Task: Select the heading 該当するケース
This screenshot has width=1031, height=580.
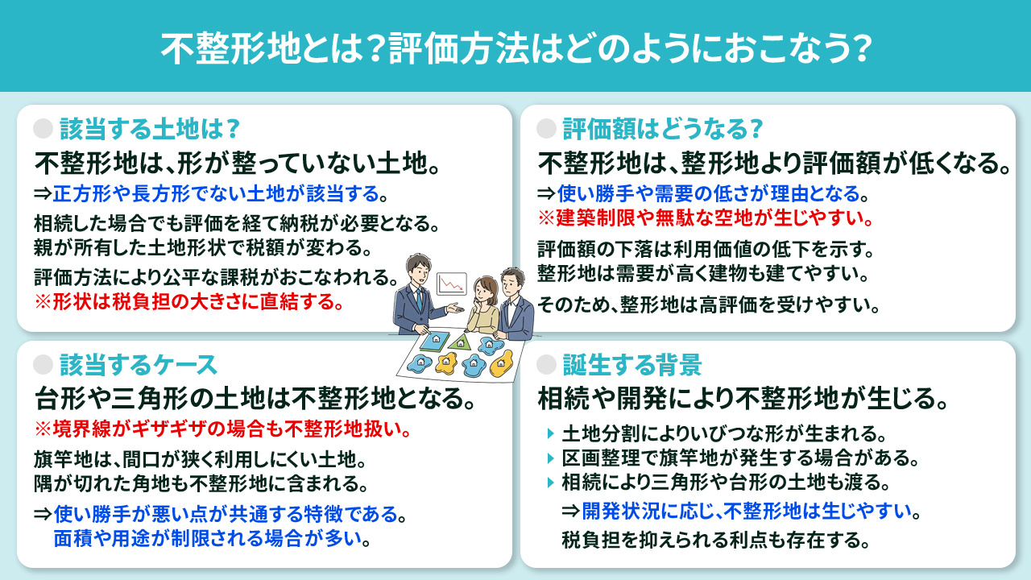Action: click(x=139, y=365)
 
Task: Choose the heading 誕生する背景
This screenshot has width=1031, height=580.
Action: click(x=631, y=365)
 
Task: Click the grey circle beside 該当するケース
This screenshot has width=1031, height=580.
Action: click(x=44, y=365)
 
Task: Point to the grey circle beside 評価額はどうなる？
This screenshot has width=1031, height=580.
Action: click(x=547, y=129)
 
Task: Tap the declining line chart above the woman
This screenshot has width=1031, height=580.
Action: click(x=451, y=284)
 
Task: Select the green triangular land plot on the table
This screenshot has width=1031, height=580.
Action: click(x=460, y=342)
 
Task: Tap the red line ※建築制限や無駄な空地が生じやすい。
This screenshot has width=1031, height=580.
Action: click(x=706, y=218)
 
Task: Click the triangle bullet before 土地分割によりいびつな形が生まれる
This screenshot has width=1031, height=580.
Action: click(x=550, y=435)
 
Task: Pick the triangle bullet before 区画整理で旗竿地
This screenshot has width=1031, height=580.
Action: click(x=550, y=459)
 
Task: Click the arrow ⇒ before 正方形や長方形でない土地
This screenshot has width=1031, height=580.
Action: click(x=43, y=194)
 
